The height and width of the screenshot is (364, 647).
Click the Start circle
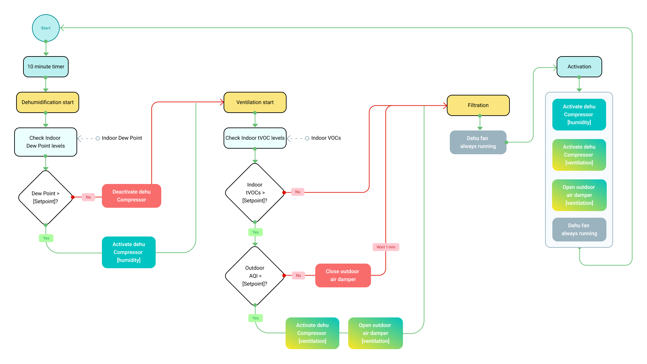point(46,28)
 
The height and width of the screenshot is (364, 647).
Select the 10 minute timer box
point(46,67)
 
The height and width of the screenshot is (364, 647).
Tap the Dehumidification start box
point(47,102)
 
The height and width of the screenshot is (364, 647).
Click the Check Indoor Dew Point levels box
point(46,142)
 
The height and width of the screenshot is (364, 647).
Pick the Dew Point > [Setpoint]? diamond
point(46,198)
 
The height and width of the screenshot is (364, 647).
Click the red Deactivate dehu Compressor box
point(131,196)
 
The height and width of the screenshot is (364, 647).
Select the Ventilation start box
point(255,102)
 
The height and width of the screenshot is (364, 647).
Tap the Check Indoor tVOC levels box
point(255,138)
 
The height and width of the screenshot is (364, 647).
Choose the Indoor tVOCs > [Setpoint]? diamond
point(255,193)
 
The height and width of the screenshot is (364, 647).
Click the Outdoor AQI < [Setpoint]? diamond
point(255,276)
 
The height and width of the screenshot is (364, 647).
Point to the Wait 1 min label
point(386,247)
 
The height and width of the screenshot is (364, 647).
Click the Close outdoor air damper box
point(343,275)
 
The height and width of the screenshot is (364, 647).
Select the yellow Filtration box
point(478,105)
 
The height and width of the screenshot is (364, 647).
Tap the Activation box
point(579,67)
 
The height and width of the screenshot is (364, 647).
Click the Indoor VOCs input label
point(326,138)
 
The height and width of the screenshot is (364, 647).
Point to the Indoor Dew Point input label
point(122,138)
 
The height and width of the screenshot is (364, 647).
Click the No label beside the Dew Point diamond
point(88,197)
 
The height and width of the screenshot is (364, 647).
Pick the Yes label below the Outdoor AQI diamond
point(256,318)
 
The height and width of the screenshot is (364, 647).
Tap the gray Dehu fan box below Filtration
point(478,142)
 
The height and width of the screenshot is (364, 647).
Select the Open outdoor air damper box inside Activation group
point(579,195)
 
